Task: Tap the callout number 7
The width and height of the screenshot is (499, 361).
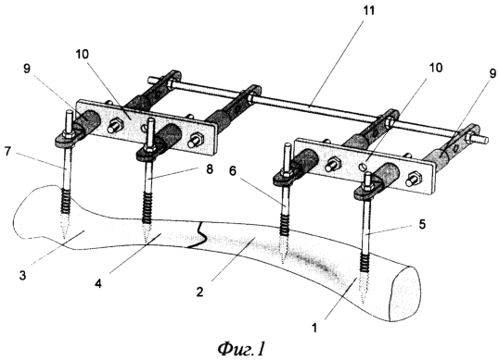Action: coord(8,152)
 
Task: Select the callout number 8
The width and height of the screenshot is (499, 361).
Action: coord(210,169)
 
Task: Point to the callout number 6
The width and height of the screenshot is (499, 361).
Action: coord(233,171)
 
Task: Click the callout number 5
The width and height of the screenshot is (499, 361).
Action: coord(422,225)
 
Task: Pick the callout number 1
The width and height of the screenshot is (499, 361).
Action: coord(314,328)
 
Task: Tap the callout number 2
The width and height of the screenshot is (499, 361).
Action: coord(199,292)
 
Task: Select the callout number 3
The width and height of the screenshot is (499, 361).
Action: coord(22,275)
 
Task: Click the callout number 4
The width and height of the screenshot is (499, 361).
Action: coord(98,283)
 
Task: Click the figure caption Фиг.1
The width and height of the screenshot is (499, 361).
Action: coord(241,349)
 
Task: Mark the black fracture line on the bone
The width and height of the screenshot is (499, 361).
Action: coord(198,235)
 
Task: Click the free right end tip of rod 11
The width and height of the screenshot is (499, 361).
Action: coord(486,139)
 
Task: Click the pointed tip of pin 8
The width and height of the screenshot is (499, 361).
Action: coord(146,242)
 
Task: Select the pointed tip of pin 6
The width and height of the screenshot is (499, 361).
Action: coord(283,263)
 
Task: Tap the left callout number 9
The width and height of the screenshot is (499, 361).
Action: coord(26,68)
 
